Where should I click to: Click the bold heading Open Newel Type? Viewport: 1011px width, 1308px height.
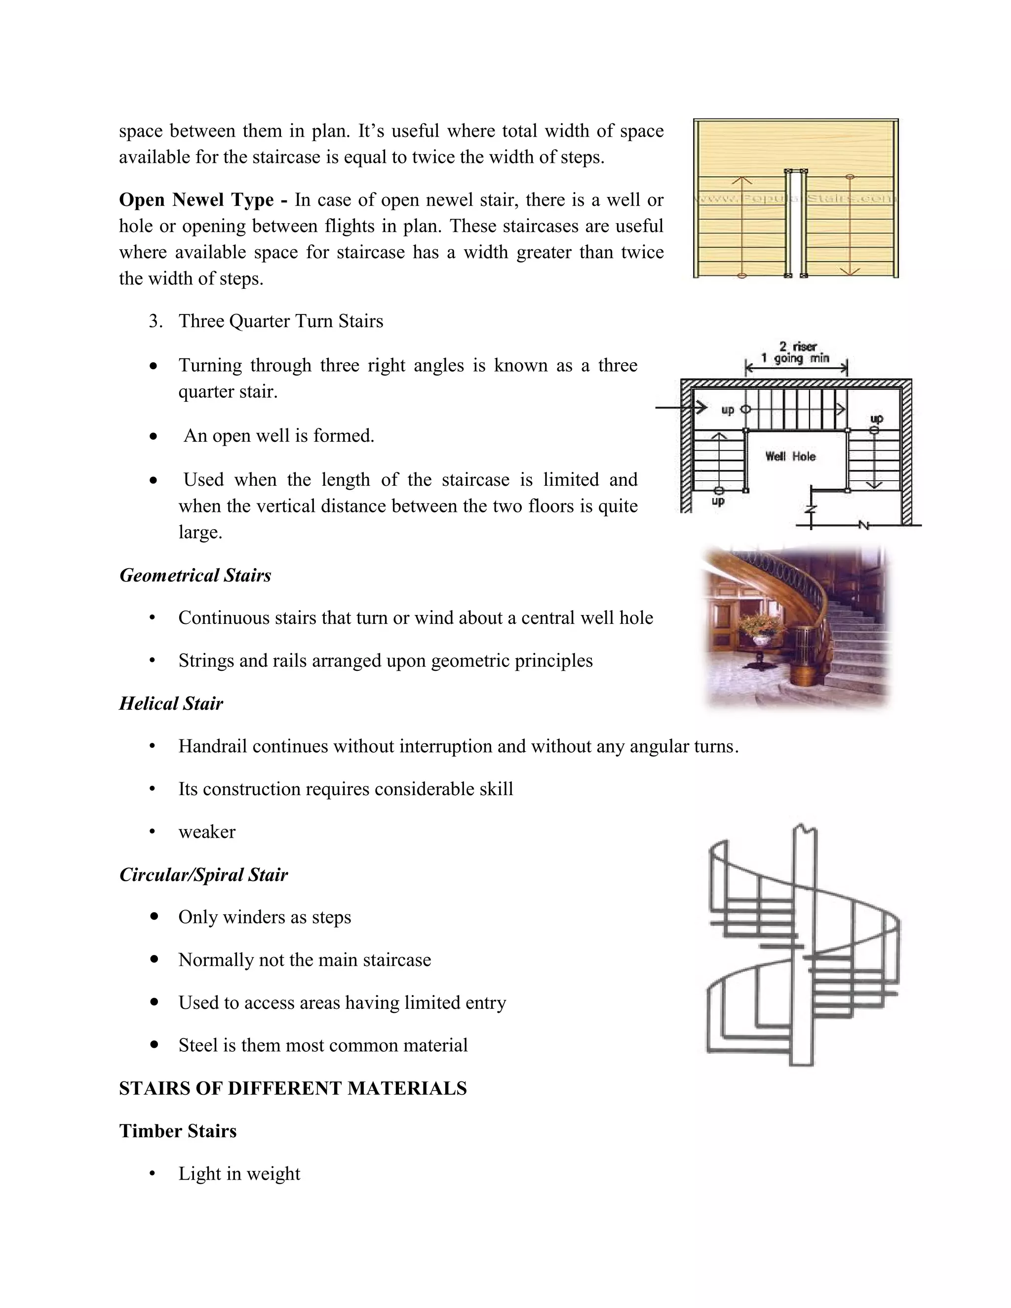tap(196, 199)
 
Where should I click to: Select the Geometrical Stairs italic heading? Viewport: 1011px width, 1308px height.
tap(195, 576)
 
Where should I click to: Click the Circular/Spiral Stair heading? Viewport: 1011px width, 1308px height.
tap(204, 875)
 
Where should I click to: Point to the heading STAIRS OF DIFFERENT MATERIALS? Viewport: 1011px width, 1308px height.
tap(293, 1088)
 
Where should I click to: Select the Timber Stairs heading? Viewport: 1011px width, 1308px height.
tap(178, 1131)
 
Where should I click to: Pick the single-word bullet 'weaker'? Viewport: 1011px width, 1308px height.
tap(207, 832)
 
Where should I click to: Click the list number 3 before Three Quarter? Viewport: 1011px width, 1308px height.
tap(155, 322)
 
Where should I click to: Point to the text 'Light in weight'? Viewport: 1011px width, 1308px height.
tap(239, 1173)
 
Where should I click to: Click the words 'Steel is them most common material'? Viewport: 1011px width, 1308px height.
tap(323, 1045)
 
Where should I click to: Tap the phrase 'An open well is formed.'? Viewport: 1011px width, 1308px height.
tap(278, 435)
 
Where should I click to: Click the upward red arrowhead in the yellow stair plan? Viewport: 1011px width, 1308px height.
tap(742, 179)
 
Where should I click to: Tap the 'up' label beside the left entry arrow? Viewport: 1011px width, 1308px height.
tap(727, 410)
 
